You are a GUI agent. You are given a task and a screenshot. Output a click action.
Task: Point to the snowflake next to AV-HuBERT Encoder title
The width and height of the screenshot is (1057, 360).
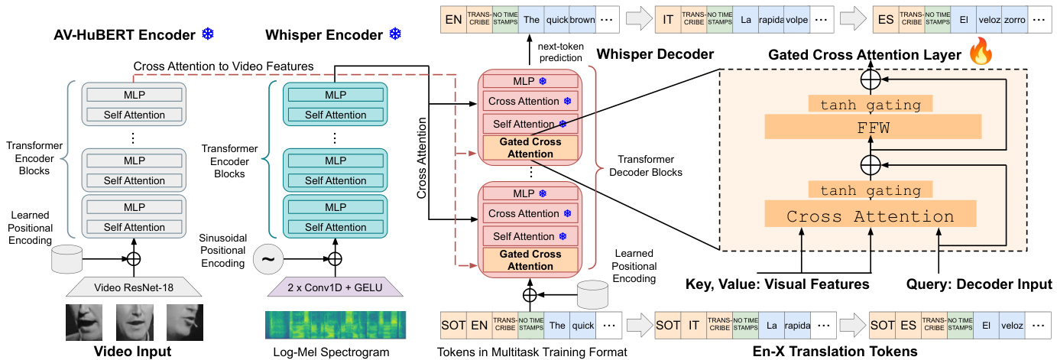coord(208,34)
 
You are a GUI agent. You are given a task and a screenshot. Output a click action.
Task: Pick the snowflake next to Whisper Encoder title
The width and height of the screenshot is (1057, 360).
coord(395,34)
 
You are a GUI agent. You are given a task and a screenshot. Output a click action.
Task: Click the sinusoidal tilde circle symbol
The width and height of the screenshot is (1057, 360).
coord(267,259)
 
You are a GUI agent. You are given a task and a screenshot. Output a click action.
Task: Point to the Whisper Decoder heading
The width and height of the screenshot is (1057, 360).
coord(654,54)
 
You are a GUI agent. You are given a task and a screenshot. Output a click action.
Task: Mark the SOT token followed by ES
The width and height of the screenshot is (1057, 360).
coord(884,325)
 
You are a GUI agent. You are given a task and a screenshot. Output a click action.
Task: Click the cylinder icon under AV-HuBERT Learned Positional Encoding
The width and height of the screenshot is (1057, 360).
coord(66,258)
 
